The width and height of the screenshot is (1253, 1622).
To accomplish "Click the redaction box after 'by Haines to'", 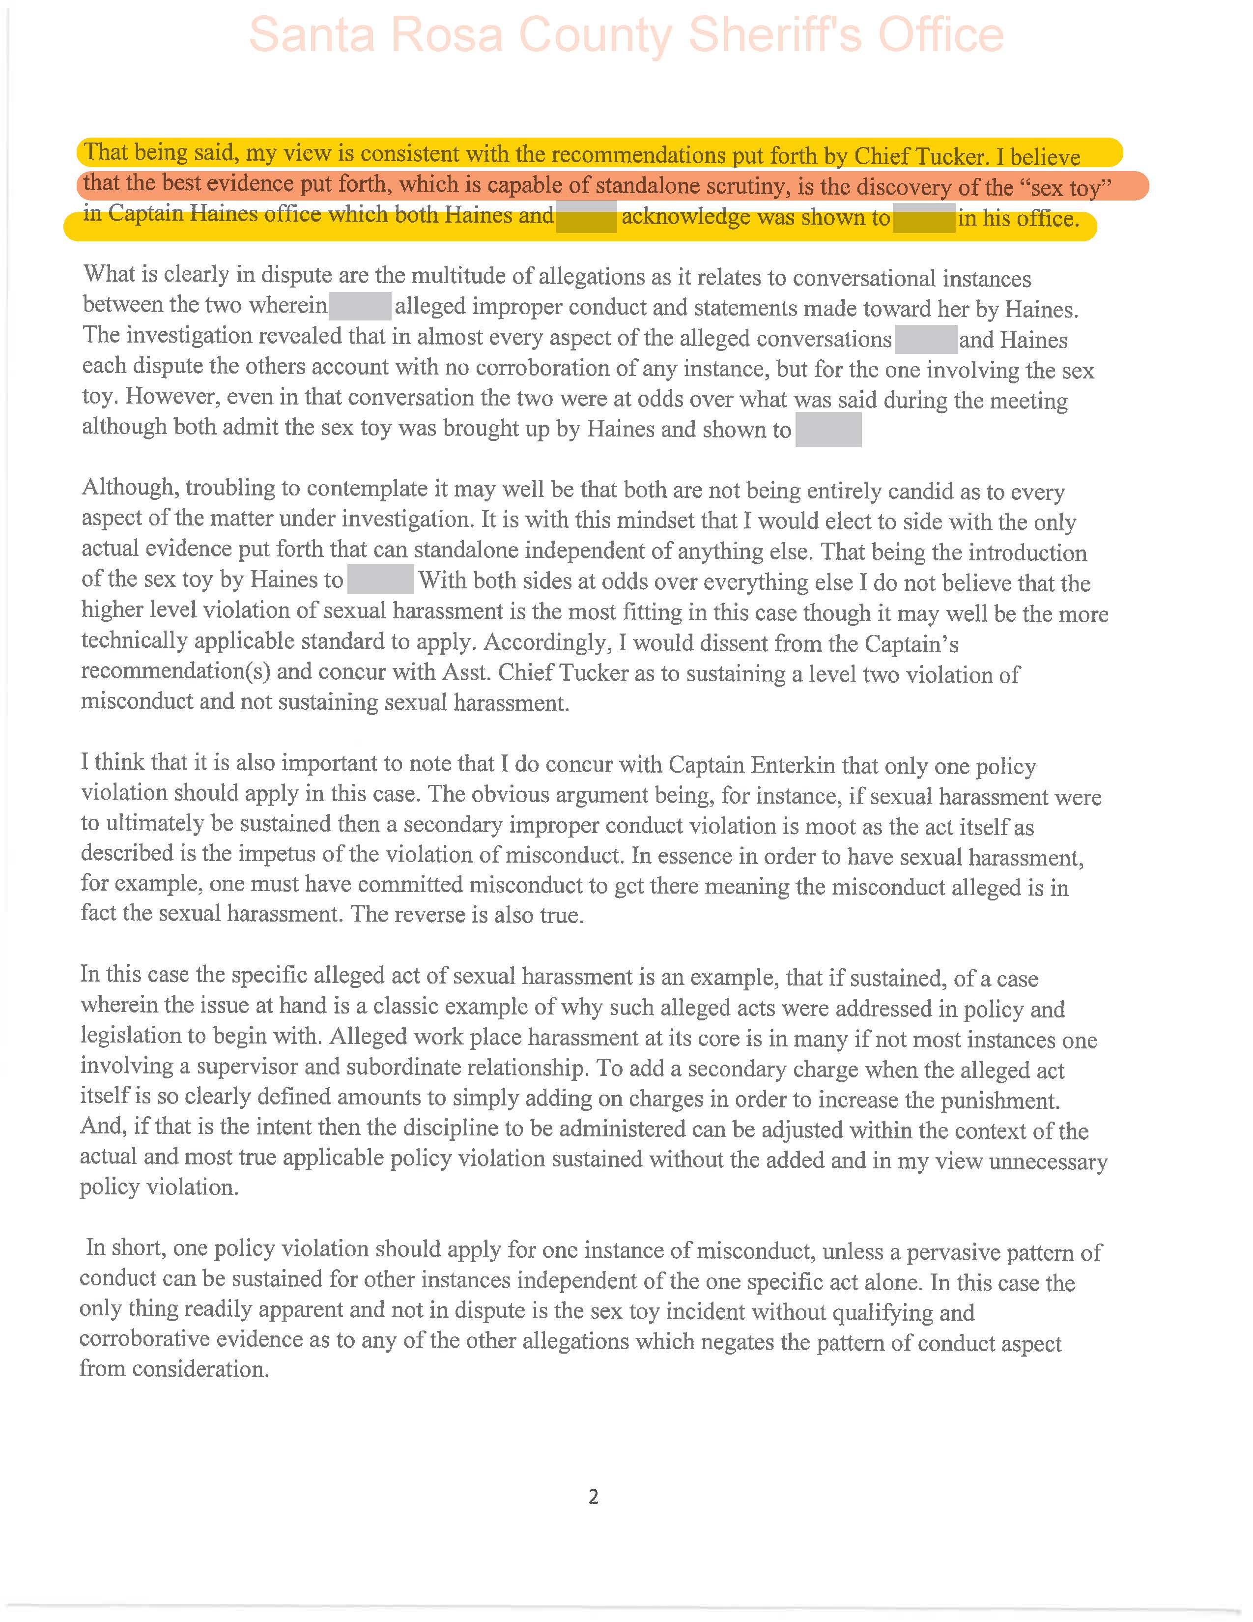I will point(380,579).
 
